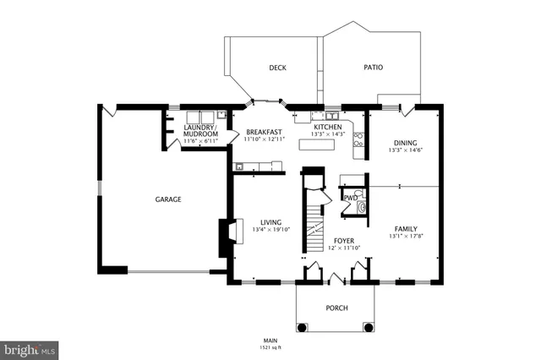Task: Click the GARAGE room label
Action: (168, 199)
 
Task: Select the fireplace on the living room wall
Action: (226, 237)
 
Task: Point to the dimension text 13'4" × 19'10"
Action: (271, 230)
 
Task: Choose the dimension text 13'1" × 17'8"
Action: (406, 237)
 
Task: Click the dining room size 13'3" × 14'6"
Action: (406, 151)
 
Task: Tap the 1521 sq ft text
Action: (270, 346)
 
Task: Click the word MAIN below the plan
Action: (270, 339)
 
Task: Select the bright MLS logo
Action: (29, 348)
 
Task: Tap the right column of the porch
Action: (368, 326)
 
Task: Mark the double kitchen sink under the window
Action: (324, 116)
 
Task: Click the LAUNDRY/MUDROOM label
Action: (201, 131)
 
